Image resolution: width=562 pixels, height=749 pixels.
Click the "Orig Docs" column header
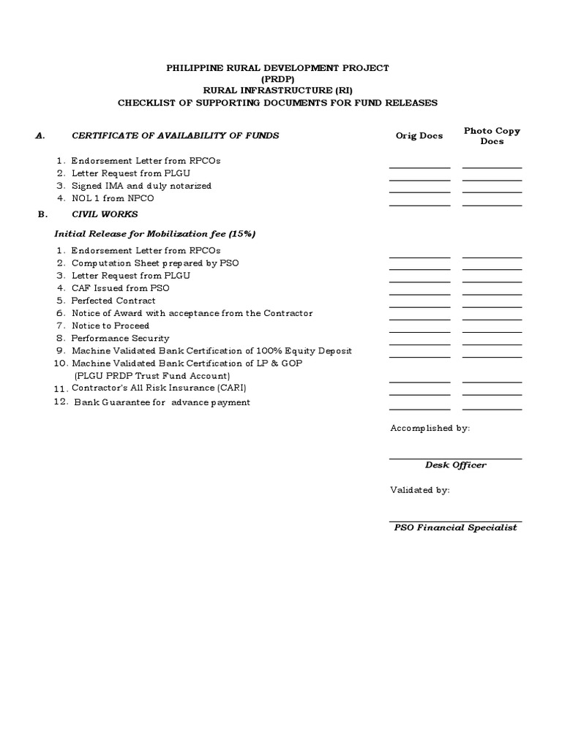(x=419, y=136)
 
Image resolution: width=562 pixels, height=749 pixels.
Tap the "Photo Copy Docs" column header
(x=492, y=136)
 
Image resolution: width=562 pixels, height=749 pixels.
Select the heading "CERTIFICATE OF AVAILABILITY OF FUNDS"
(x=175, y=135)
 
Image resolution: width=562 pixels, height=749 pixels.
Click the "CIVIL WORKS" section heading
(x=105, y=214)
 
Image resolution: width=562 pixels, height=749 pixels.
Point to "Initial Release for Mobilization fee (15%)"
(x=155, y=234)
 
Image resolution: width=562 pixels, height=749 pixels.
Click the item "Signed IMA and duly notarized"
(x=141, y=186)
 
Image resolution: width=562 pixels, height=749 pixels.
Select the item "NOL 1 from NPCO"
(x=113, y=198)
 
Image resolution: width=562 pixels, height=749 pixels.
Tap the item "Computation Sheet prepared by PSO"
(x=155, y=263)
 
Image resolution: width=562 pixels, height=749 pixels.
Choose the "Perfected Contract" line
(x=113, y=301)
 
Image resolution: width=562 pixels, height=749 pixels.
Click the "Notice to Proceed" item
(x=110, y=325)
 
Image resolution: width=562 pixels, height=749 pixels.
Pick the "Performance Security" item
(x=121, y=338)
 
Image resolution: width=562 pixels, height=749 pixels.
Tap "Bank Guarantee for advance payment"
(x=162, y=402)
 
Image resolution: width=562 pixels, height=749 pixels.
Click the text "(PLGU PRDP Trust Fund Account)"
(x=152, y=375)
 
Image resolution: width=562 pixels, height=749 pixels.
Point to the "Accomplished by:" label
(x=430, y=428)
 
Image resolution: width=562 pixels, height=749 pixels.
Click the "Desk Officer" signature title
(x=455, y=465)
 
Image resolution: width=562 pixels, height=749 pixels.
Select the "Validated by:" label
(x=420, y=490)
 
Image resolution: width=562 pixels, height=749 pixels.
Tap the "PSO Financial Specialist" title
(x=455, y=527)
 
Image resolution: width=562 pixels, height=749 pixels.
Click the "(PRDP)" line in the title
(x=278, y=79)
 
